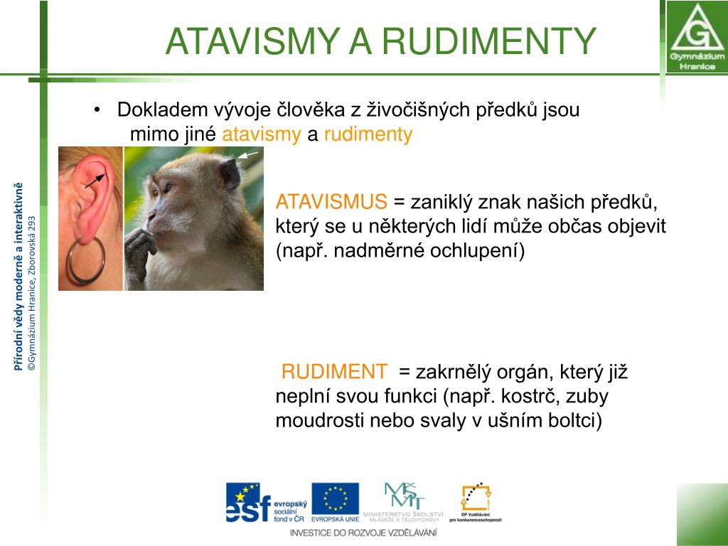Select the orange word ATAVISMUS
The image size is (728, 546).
331,202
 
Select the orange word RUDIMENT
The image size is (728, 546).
335,371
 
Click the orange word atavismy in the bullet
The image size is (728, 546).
262,135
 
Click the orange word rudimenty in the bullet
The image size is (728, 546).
368,135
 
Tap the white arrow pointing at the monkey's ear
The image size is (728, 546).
247,154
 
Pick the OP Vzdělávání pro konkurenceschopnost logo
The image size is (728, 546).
475,502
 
